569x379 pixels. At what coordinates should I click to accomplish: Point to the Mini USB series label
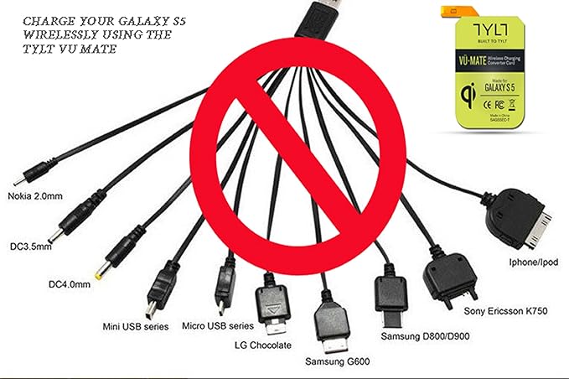click(x=133, y=325)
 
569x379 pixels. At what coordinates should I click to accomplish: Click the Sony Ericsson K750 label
click(x=505, y=311)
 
